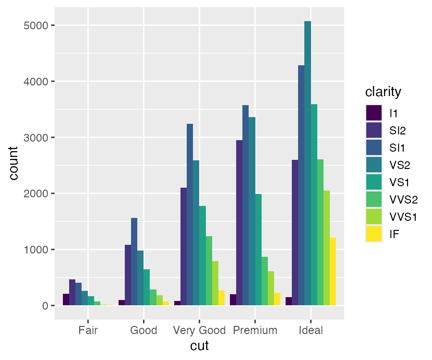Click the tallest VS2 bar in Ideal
coord(308,163)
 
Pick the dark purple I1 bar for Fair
coord(66,300)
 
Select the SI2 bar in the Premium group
coord(239,223)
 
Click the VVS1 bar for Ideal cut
coord(326,248)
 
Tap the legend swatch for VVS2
coord(374,199)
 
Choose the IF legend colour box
coord(374,234)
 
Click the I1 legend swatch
coord(374,113)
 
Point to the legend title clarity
coord(383,91)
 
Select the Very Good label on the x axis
coord(200,330)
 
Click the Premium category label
coord(255,330)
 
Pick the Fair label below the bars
coord(88,330)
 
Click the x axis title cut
coord(199,346)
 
